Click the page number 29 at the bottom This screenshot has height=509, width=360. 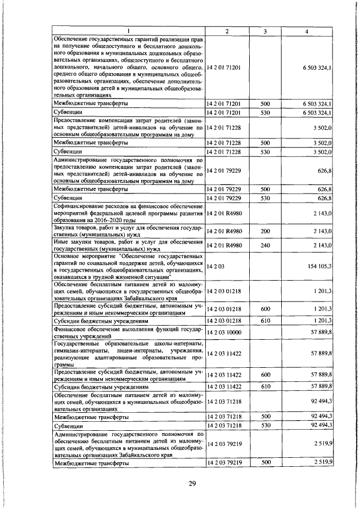point(192,486)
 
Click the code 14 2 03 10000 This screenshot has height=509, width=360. point(224,333)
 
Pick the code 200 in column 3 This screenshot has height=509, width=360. point(265,231)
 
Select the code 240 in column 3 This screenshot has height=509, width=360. point(265,245)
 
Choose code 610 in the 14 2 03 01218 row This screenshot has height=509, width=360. point(265,320)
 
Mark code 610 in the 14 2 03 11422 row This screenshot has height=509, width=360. point(265,387)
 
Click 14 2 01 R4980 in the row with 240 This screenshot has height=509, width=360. point(224,245)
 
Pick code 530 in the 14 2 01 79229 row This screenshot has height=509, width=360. point(265,199)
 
